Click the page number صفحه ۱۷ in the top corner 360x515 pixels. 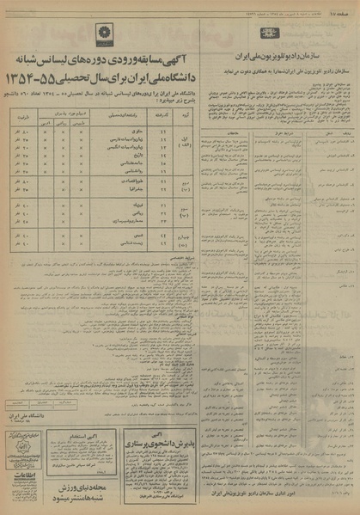[x=345, y=6]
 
